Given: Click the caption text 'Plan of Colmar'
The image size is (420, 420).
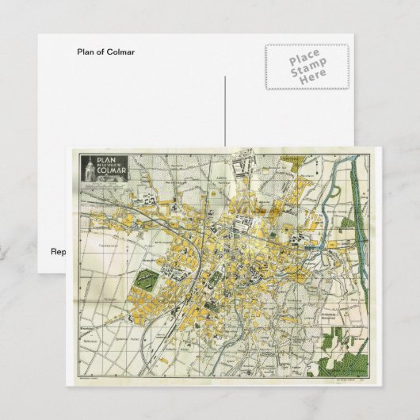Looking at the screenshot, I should point(105,53).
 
